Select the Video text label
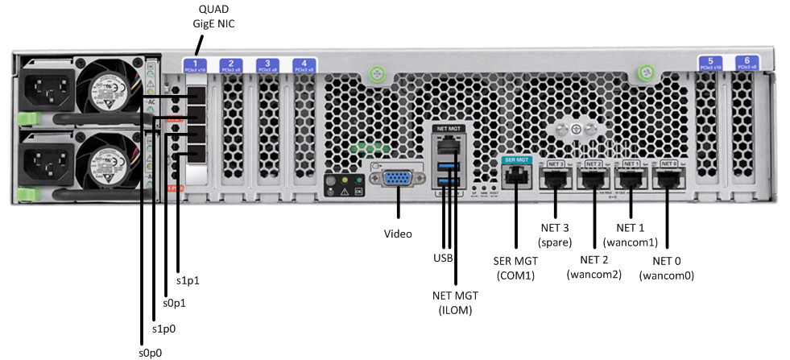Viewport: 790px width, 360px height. pos(398,234)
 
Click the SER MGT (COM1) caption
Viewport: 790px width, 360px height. pos(515,268)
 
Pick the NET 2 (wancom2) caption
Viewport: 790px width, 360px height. pos(594,267)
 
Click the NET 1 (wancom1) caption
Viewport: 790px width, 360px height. pos(631,234)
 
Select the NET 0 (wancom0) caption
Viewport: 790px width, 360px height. pos(667,268)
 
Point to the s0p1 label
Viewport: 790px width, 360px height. pos(175,304)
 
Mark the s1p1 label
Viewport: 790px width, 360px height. pos(188,282)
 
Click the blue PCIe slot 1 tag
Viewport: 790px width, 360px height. pos(194,65)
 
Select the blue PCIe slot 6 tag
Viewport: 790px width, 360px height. pos(747,63)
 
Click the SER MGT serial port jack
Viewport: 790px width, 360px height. pos(515,175)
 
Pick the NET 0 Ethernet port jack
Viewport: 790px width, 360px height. pos(668,176)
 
